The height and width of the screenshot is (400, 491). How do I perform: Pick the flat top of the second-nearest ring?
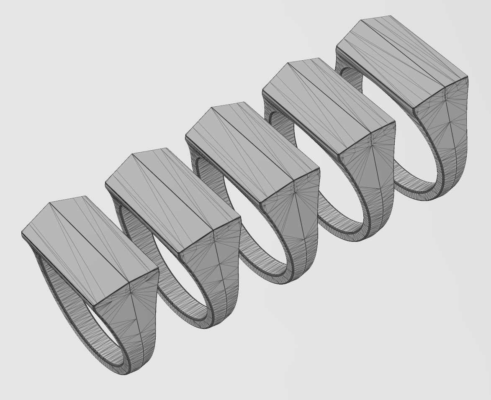[x=172, y=201]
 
